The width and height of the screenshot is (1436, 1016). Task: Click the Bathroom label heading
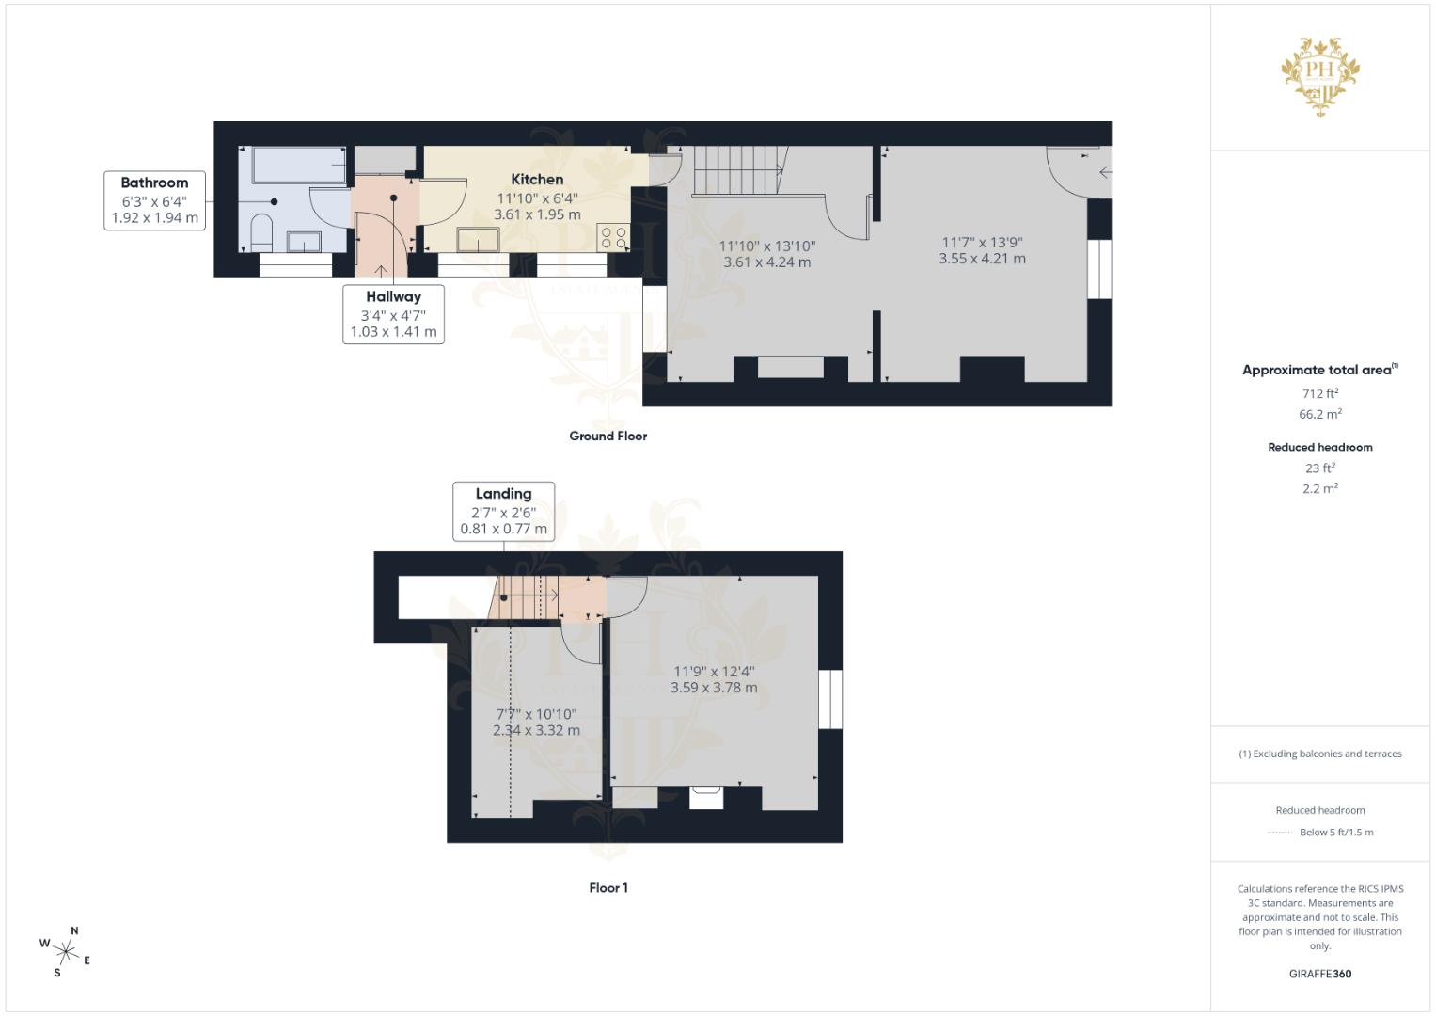[x=154, y=183]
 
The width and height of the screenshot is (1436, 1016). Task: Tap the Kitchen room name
[x=537, y=179]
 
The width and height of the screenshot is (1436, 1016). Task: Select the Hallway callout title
[x=393, y=296]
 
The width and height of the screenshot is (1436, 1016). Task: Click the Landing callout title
[x=503, y=493]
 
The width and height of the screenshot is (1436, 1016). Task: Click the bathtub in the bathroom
[x=298, y=165]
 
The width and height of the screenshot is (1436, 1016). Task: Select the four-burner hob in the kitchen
[x=613, y=237]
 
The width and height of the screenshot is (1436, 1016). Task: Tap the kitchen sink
[x=480, y=241]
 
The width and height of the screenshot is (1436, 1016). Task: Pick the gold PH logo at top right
[x=1320, y=75]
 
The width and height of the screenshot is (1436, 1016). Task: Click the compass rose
[x=67, y=951]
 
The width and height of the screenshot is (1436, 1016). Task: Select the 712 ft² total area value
[x=1319, y=393]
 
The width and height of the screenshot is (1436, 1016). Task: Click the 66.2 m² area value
[x=1319, y=414]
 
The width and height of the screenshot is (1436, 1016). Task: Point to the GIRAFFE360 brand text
[x=1319, y=974]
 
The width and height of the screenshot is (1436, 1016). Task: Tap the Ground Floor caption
[x=608, y=436]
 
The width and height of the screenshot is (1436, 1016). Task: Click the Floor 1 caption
[x=608, y=887]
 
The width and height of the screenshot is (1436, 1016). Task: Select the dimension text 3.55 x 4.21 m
[x=982, y=259]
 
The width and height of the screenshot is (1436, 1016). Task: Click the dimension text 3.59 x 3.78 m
[x=713, y=688]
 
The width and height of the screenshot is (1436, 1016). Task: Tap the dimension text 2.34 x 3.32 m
[x=536, y=730]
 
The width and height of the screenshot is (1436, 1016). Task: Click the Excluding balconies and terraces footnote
[x=1319, y=754]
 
